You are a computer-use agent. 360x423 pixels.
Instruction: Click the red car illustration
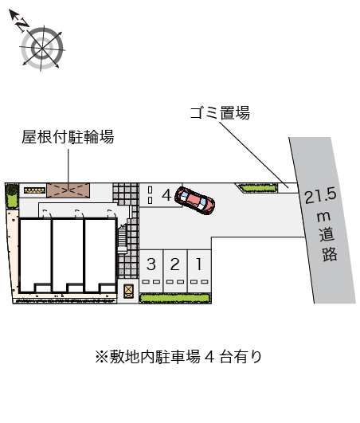coord(194,201)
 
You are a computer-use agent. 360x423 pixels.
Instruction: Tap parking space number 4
coord(161,195)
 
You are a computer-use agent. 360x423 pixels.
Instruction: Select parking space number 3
coord(151,271)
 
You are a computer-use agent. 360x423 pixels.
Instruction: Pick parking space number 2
coord(175,271)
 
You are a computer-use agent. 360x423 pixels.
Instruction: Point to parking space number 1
coord(199,271)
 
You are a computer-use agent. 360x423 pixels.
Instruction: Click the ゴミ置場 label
coord(220,113)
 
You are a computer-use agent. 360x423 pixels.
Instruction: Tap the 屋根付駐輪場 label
coord(68,137)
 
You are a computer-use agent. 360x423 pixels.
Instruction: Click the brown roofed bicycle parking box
coord(68,190)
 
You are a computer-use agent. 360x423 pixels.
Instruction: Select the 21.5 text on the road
coord(321,196)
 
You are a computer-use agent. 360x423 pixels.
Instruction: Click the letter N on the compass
coord(22,25)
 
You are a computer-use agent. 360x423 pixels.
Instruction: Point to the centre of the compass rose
coord(42,49)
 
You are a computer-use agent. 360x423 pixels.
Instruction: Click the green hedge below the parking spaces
coord(174,298)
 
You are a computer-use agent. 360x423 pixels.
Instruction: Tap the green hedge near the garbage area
coord(258,188)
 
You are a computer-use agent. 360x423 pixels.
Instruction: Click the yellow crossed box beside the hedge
coord(129,291)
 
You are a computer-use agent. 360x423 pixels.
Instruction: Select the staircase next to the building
coord(123,239)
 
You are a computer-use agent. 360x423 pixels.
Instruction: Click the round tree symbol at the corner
coord(12,190)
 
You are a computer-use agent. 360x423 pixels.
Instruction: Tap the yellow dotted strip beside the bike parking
coord(34,190)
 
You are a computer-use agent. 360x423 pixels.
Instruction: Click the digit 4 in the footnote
coord(209,357)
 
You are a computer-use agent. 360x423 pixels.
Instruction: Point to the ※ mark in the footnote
coord(102,357)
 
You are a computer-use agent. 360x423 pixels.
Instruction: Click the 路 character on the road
coord(330,254)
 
